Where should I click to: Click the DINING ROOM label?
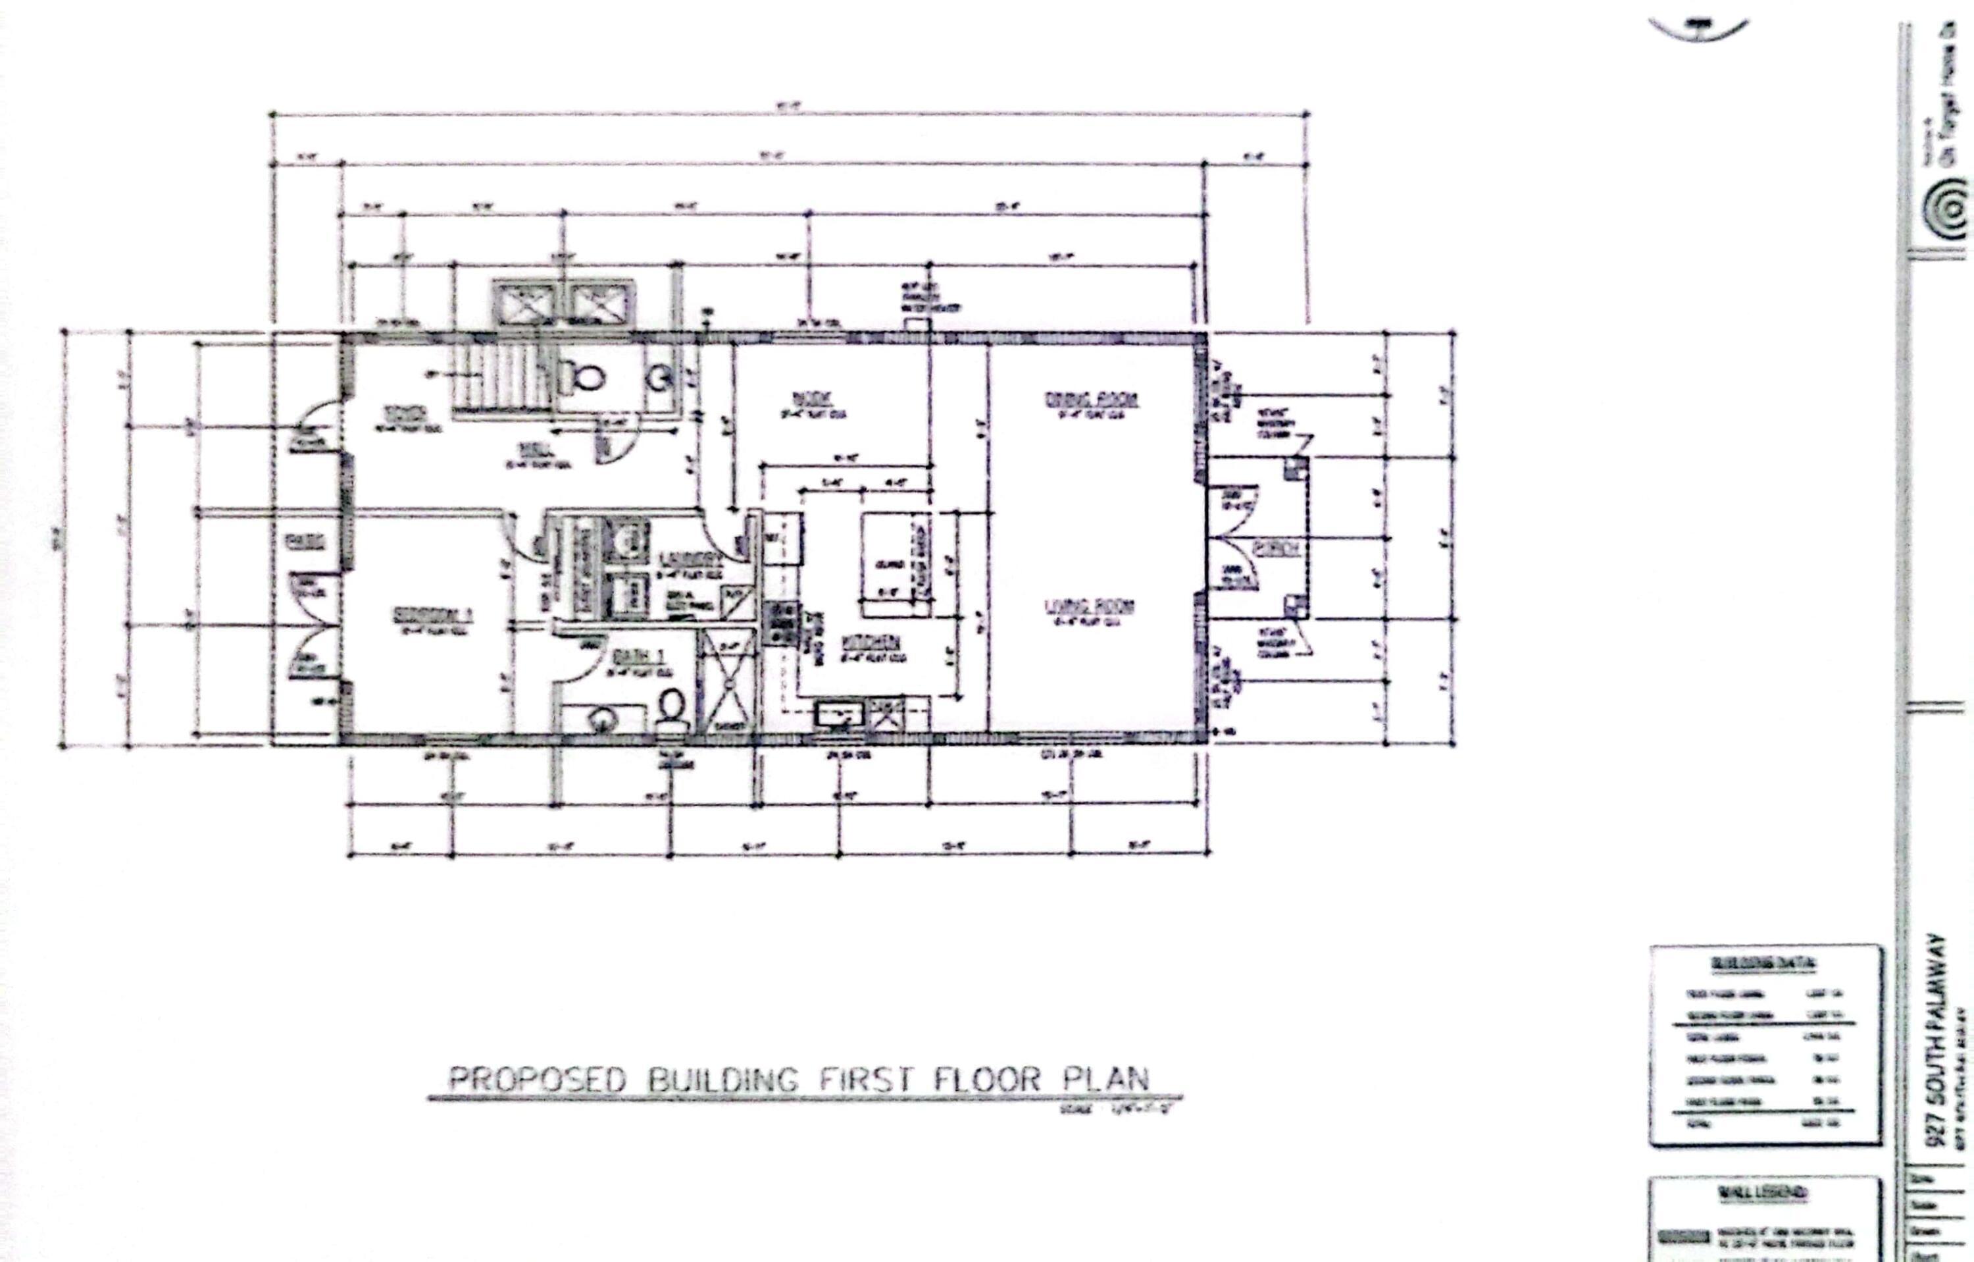point(1092,400)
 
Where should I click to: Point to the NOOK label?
point(813,400)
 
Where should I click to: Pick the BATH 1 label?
point(638,657)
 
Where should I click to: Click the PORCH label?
point(1277,548)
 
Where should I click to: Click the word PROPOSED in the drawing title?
point(537,1079)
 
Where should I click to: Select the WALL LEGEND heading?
point(1763,1193)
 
